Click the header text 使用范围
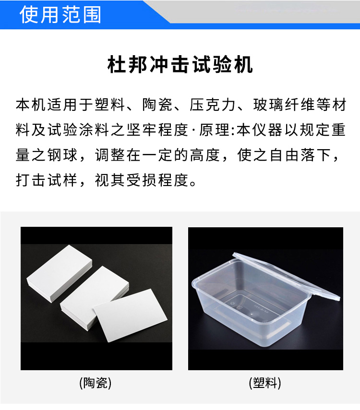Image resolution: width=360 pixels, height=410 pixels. pyautogui.click(x=60, y=14)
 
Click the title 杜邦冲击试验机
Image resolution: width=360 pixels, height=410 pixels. pyautogui.click(x=180, y=64)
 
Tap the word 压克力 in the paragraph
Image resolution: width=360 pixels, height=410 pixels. pyautogui.click(x=212, y=105)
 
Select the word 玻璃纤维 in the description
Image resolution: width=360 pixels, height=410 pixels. pyautogui.click(x=284, y=105)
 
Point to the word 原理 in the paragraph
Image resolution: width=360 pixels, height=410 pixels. pyautogui.click(x=214, y=130)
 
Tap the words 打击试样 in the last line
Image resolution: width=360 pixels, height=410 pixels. pyautogui.click(x=47, y=180)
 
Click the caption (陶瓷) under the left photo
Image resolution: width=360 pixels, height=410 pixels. pyautogui.click(x=96, y=383)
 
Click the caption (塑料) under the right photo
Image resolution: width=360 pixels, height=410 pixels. pyautogui.click(x=265, y=383)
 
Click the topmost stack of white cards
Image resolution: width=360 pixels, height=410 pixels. pyautogui.click(x=60, y=273)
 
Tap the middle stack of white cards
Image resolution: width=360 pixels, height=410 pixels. pyautogui.click(x=94, y=298)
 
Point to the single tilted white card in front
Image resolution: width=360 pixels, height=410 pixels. pyautogui.click(x=130, y=315)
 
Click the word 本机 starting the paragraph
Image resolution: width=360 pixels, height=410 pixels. pyautogui.click(x=31, y=105)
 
